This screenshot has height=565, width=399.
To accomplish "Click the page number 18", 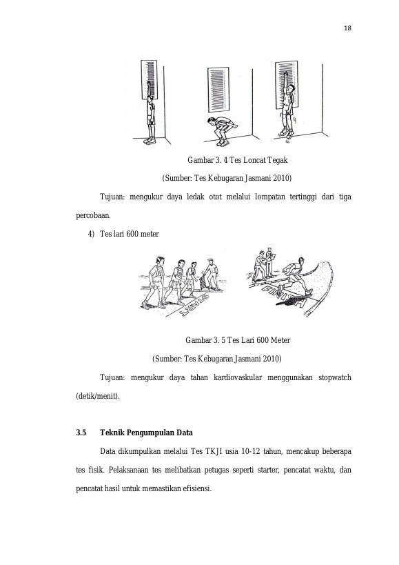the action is click(x=347, y=28).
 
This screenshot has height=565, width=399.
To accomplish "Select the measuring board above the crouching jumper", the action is click(x=218, y=90).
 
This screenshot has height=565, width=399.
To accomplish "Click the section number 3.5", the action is click(x=81, y=433).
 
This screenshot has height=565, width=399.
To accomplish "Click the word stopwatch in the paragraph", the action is click(x=335, y=377).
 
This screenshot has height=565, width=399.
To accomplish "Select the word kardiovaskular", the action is click(x=238, y=377).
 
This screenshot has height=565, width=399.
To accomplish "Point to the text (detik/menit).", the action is click(x=97, y=397).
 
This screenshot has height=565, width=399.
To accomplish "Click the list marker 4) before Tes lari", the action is click(x=91, y=235).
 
